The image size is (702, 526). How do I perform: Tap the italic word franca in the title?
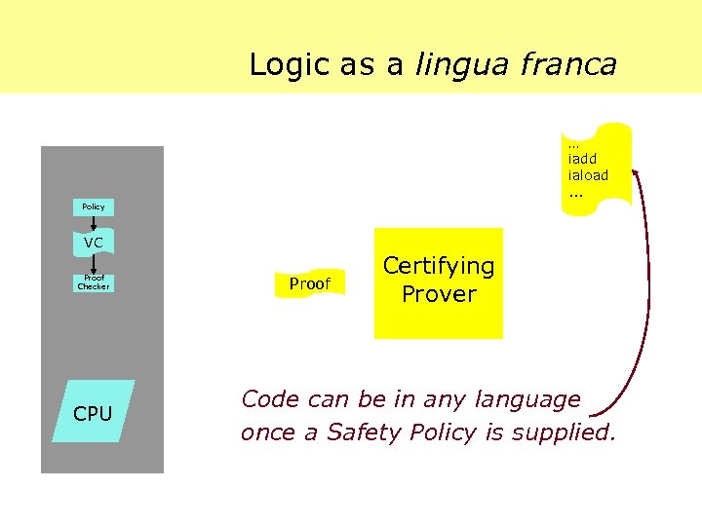(x=568, y=64)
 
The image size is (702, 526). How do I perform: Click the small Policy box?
(x=94, y=207)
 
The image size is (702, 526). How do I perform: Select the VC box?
(x=94, y=243)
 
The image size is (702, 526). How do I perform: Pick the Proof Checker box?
(x=94, y=283)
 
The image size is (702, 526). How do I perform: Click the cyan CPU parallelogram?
(x=94, y=412)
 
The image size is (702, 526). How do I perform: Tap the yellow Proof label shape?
(x=310, y=283)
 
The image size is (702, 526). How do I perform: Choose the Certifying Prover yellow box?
(x=439, y=282)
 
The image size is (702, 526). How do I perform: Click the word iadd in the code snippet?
(x=582, y=159)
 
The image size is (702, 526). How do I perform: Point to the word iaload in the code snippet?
(x=588, y=175)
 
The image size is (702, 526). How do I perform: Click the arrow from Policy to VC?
(x=94, y=224)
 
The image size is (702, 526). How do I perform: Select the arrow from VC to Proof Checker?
(x=94, y=263)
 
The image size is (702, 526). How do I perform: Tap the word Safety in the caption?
(x=363, y=432)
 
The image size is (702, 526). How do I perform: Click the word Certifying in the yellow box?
(x=439, y=266)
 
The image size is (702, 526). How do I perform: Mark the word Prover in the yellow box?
(x=439, y=294)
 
